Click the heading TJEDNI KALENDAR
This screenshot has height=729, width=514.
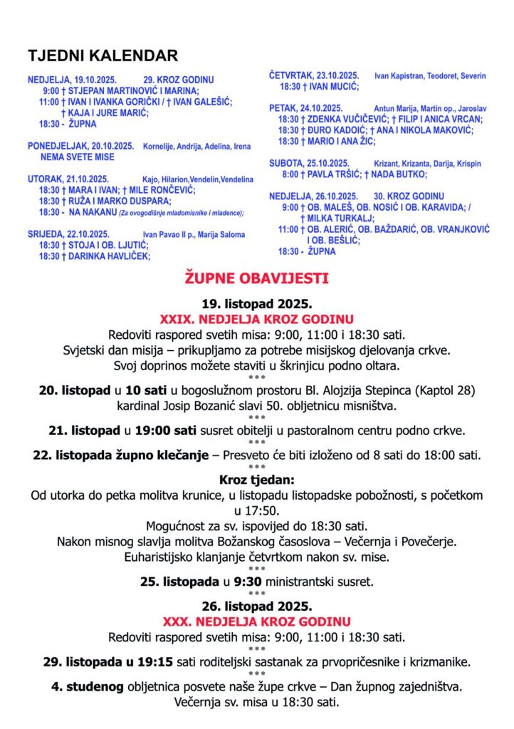pyautogui.click(x=103, y=56)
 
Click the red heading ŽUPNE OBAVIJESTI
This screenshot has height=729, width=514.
pyautogui.click(x=256, y=276)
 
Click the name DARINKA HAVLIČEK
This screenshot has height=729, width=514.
pyautogui.click(x=109, y=256)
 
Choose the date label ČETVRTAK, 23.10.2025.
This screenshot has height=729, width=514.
pyautogui.click(x=313, y=75)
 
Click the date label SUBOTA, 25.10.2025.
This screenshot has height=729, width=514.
pyautogui.click(x=309, y=163)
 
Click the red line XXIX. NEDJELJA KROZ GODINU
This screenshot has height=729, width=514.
pyautogui.click(x=256, y=319)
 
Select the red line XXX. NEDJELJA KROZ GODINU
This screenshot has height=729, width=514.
pyautogui.click(x=256, y=622)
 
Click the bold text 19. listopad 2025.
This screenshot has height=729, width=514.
pyautogui.click(x=256, y=304)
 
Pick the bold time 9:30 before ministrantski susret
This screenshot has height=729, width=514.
pyautogui.click(x=246, y=582)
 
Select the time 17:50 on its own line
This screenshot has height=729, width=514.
pyautogui.click(x=256, y=510)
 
